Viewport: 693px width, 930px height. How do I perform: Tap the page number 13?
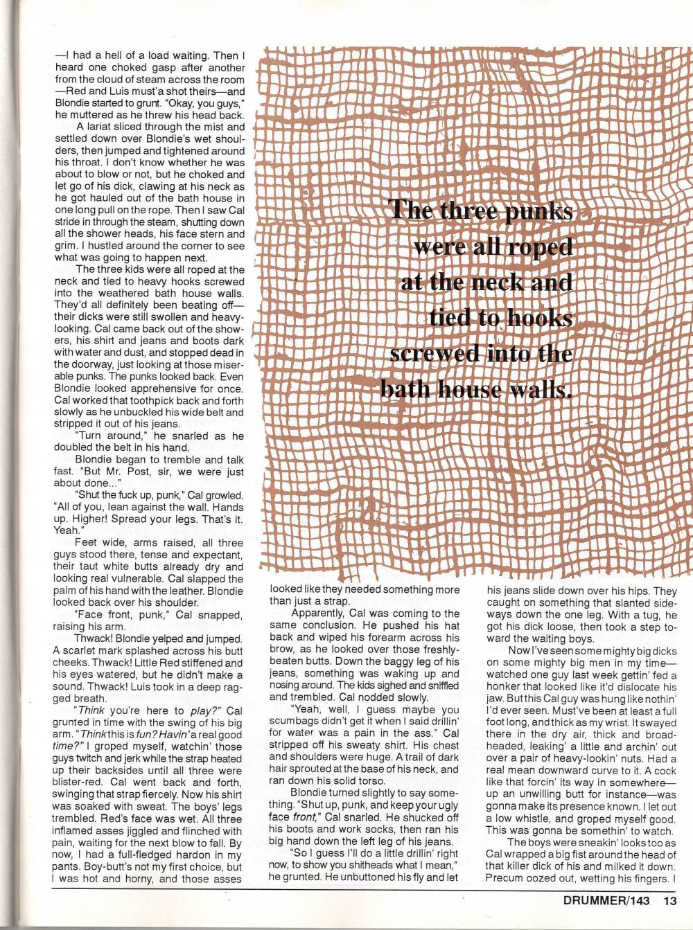(669, 901)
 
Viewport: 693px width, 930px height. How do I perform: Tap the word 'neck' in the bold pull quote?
(506, 283)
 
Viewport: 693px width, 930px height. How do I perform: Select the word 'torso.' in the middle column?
(380, 781)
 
